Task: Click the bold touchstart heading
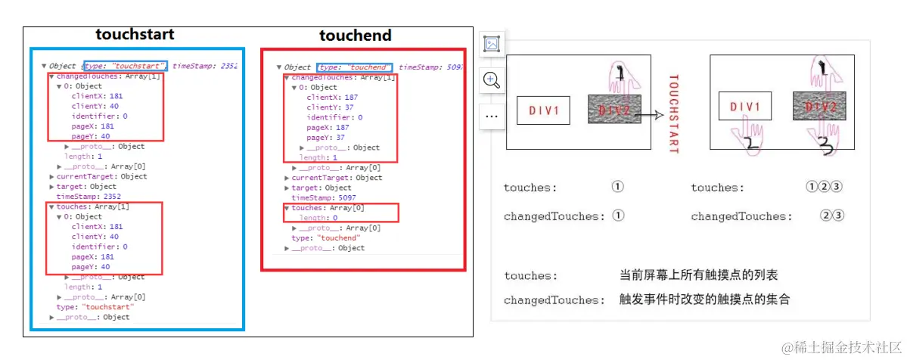pos(135,35)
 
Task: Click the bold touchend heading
pos(355,36)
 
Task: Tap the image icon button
pos(492,45)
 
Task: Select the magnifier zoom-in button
pos(492,81)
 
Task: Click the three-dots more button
pos(492,116)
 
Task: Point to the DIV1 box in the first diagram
pos(542,110)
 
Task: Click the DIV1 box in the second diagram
pos(745,107)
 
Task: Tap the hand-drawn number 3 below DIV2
pos(824,145)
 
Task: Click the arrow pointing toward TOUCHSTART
pos(648,116)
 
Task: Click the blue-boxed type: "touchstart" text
pos(126,66)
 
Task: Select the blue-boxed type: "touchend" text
pos(354,67)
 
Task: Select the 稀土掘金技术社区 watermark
pos(839,346)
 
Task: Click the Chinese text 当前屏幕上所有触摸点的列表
pos(698,275)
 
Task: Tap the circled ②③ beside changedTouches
pos(832,216)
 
